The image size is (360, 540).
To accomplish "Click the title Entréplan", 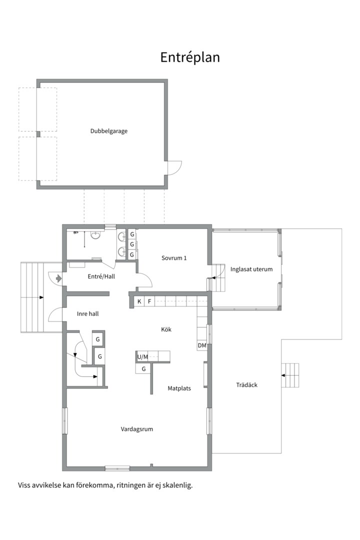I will tap(190, 57).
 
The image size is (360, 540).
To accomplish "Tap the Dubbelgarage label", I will tap(108, 131).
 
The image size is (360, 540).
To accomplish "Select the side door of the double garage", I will tap(174, 167).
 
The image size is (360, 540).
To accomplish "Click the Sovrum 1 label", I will tap(174, 258).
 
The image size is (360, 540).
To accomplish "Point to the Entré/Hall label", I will tap(100, 276).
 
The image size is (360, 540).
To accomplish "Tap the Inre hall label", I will tap(87, 314).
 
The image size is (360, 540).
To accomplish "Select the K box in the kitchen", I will tap(139, 301).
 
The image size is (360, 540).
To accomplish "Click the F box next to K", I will tap(149, 301).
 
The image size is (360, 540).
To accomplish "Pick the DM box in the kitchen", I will tap(202, 345).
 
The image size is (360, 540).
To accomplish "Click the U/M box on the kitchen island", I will tap(142, 356).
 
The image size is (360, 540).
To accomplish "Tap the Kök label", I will tap(166, 329).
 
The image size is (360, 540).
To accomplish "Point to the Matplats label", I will tap(179, 387).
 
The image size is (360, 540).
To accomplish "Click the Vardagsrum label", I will tap(136, 429).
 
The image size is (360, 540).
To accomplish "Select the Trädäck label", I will tap(246, 385).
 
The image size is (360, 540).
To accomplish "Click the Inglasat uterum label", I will tap(251, 269).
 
